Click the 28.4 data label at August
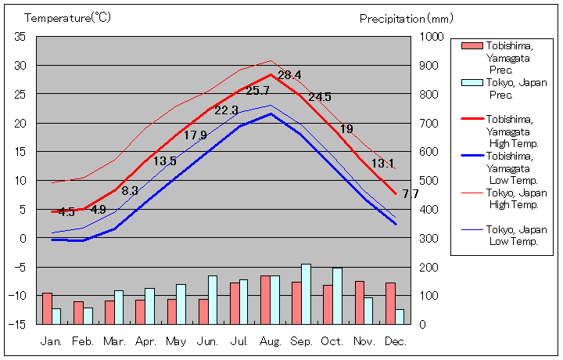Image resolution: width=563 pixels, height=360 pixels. [289, 76]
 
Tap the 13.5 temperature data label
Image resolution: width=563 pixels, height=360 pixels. [164, 161]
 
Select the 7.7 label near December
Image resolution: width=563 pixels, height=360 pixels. [411, 194]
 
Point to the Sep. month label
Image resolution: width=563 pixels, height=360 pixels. [301, 341]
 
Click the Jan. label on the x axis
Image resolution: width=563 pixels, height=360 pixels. [51, 341]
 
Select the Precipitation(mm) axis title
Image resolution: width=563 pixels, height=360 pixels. [406, 17]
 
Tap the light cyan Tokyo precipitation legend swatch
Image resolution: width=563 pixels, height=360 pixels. [472, 83]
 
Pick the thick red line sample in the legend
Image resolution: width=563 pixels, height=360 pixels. [472, 119]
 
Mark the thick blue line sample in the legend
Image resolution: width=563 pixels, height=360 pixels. [472, 156]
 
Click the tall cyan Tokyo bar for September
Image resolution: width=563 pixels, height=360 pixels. [306, 293]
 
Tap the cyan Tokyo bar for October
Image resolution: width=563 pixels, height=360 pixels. [337, 295]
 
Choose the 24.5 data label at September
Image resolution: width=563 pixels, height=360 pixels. [320, 97]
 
